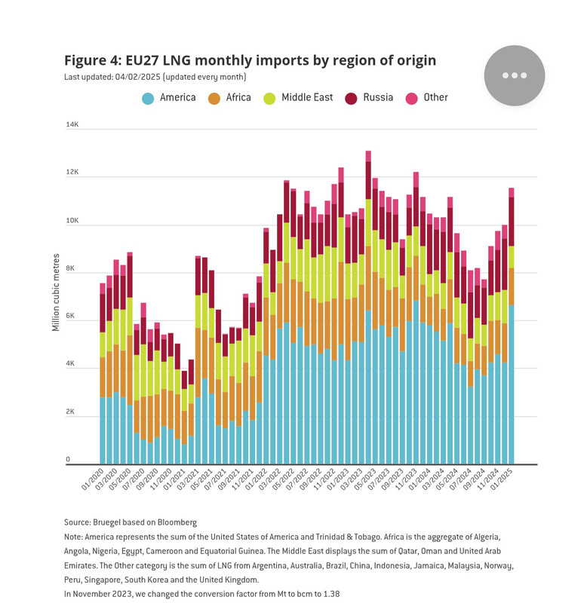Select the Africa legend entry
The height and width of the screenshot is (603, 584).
click(x=229, y=98)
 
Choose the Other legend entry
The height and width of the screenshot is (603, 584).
click(x=427, y=98)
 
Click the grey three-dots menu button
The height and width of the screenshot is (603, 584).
click(x=514, y=75)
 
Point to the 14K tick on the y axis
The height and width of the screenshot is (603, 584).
click(x=73, y=124)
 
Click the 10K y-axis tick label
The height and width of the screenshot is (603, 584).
click(x=73, y=221)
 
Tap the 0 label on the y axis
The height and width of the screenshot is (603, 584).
click(x=68, y=460)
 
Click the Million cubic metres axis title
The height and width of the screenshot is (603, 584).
click(x=56, y=293)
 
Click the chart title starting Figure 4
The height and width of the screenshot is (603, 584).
click(x=250, y=60)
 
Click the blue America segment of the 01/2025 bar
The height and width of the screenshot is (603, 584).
click(x=512, y=384)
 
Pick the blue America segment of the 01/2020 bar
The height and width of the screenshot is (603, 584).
click(x=103, y=430)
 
